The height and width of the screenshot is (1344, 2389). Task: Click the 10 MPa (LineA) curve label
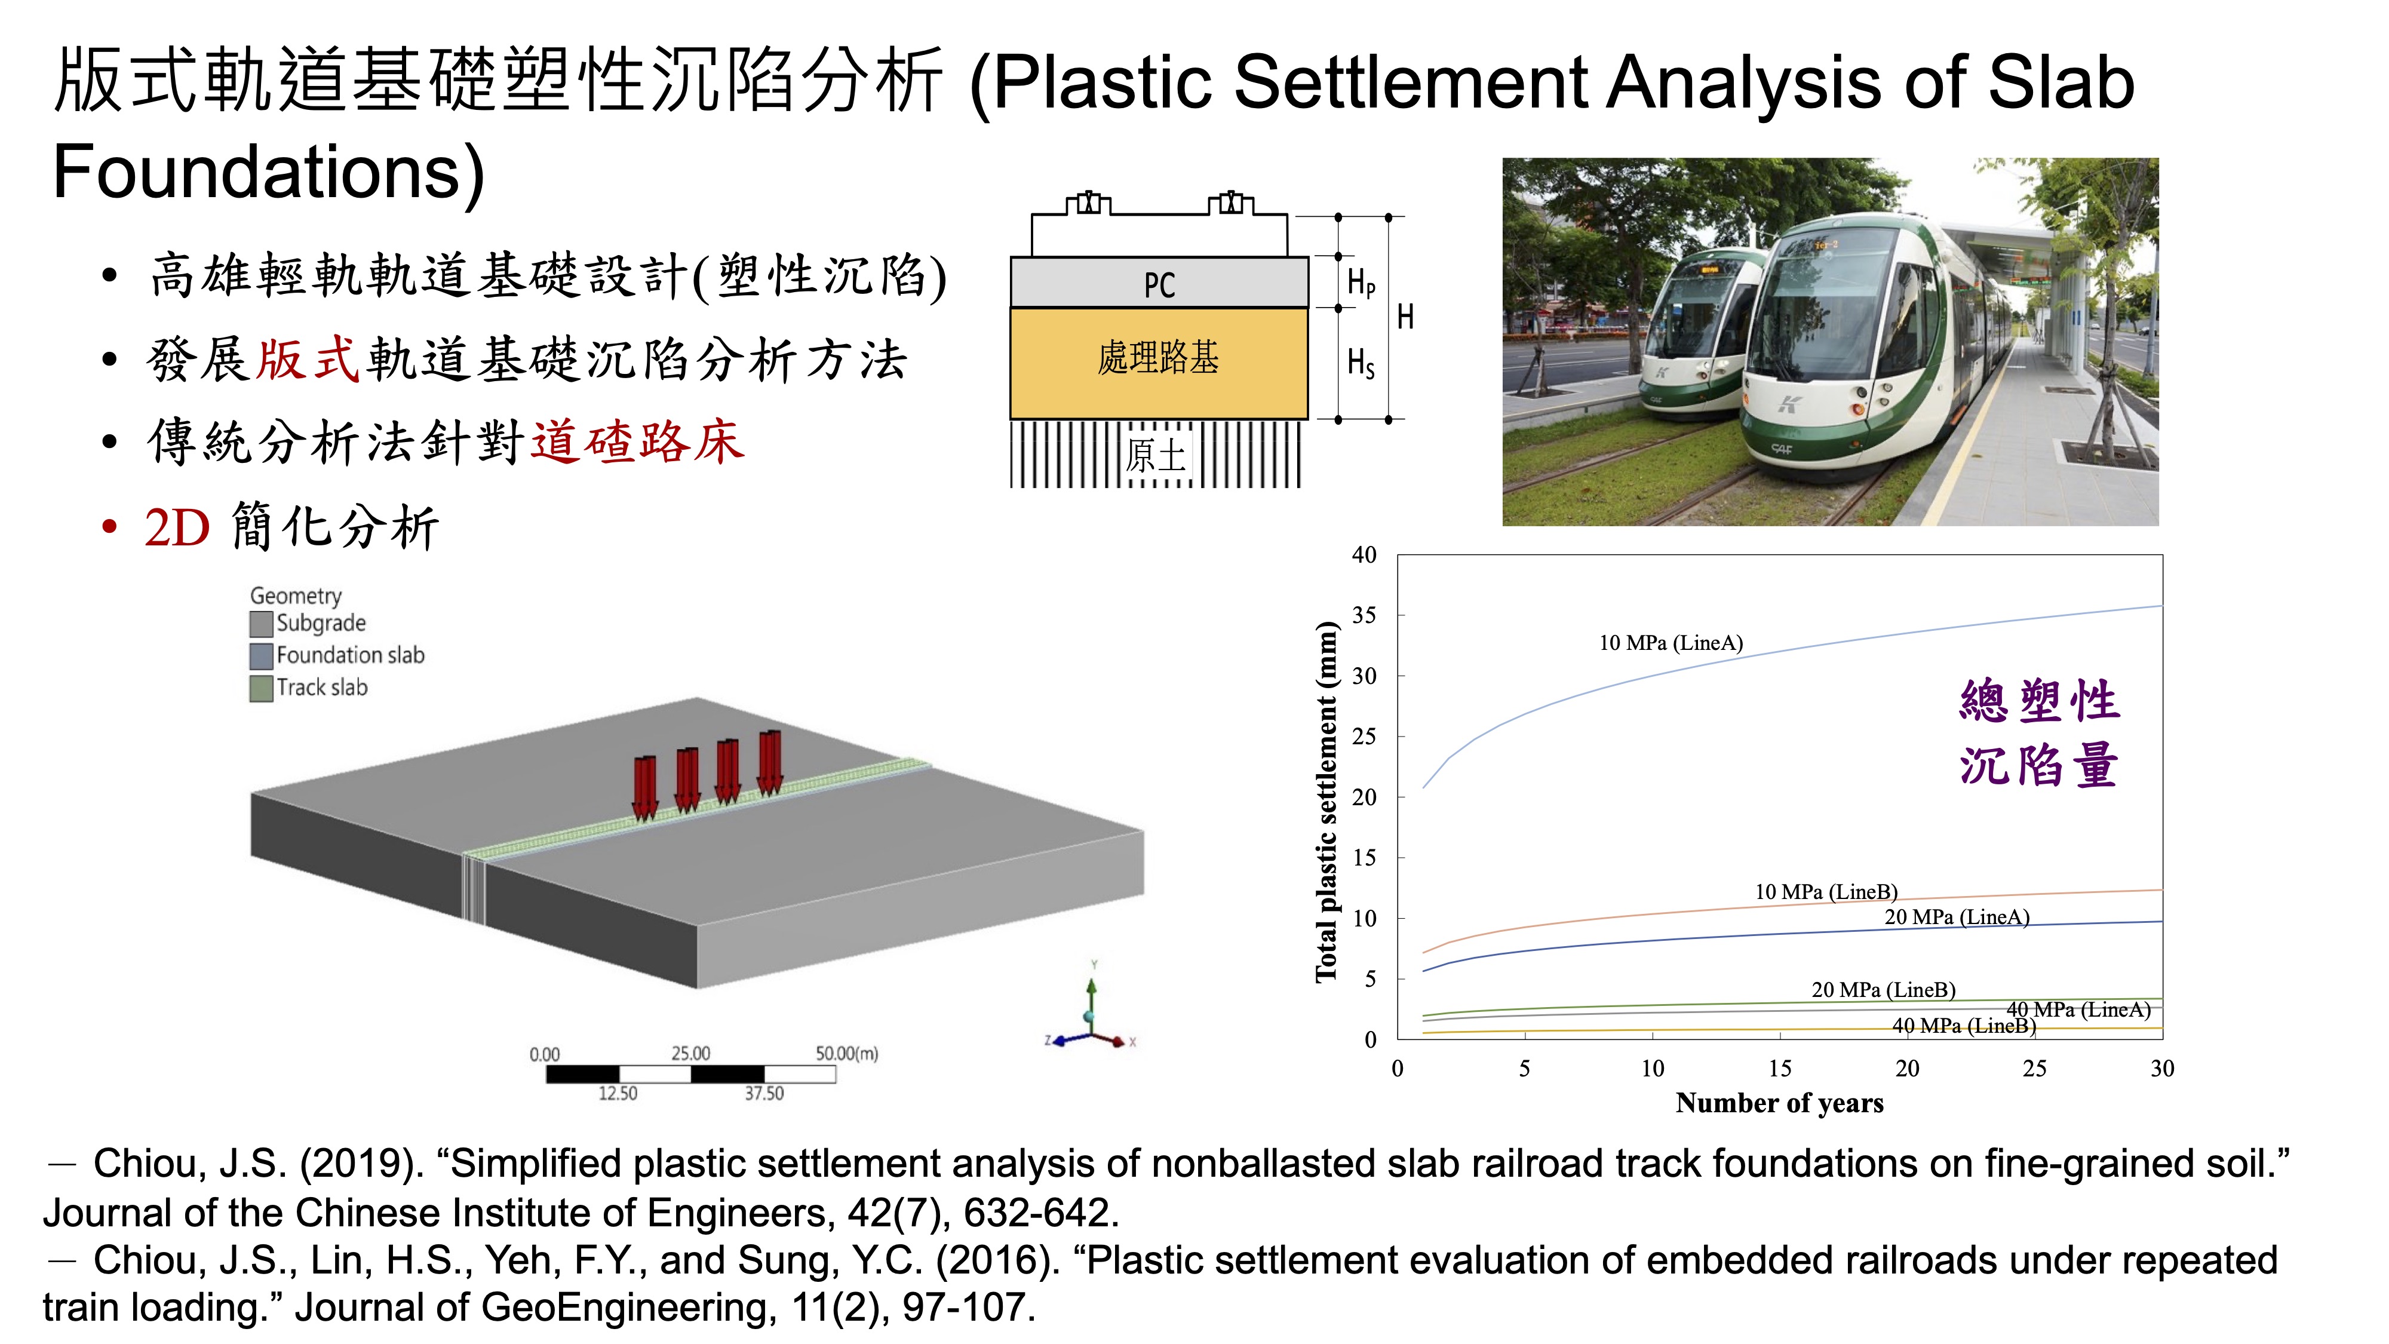tap(1671, 643)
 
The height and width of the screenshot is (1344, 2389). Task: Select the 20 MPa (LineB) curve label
tap(1884, 990)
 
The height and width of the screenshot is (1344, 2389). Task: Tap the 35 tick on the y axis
tap(1364, 615)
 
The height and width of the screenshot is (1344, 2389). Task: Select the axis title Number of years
tap(1780, 1103)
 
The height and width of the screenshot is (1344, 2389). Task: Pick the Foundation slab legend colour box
tap(262, 656)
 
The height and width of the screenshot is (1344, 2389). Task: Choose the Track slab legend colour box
tap(262, 688)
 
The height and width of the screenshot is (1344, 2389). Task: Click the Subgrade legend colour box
tap(262, 623)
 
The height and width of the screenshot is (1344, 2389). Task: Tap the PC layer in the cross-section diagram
tap(1159, 283)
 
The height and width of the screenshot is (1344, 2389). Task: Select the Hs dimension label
tap(1361, 363)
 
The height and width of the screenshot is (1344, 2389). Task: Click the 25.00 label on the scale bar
tap(691, 1053)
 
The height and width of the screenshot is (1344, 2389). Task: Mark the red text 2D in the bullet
tap(178, 529)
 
